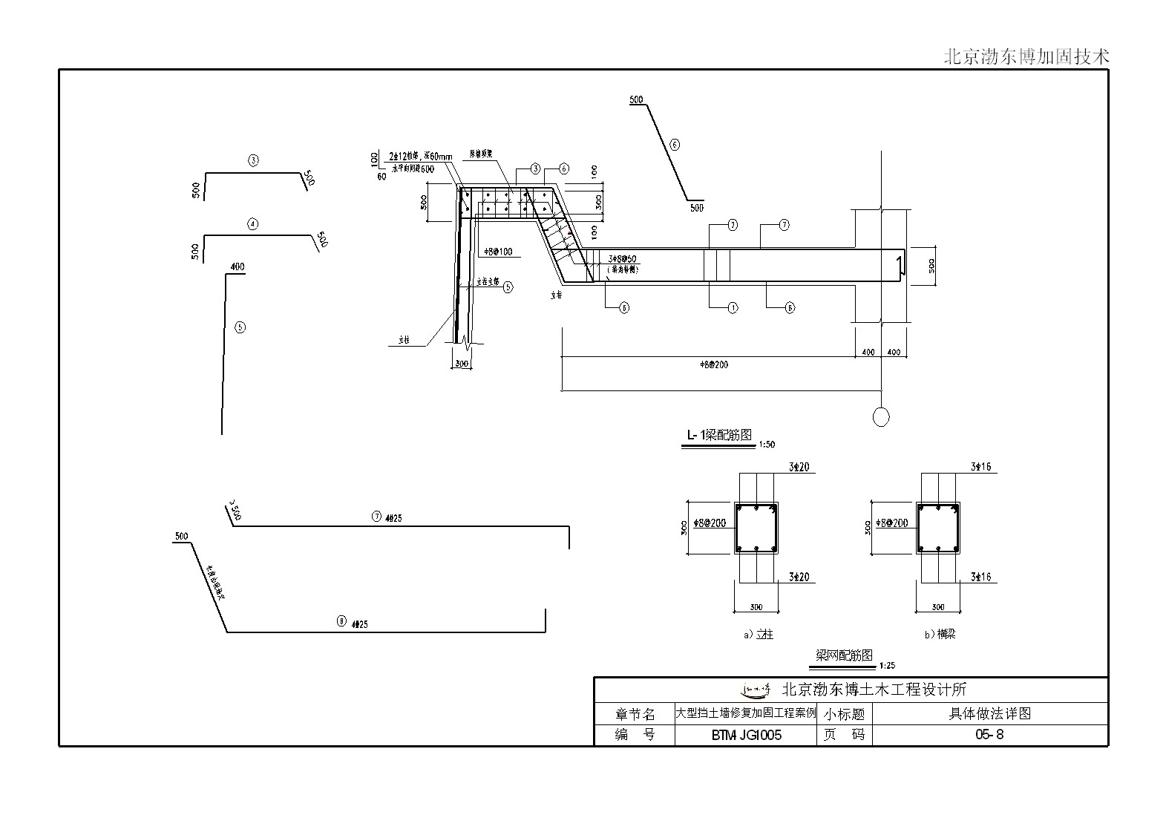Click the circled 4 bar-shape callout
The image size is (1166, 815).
pos(253,223)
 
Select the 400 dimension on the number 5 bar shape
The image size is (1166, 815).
pos(238,267)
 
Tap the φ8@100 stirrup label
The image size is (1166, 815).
pos(497,252)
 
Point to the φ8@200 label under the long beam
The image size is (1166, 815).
pos(714,364)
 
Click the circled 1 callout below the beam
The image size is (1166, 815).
pos(733,308)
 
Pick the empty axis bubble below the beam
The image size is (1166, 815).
pos(881,417)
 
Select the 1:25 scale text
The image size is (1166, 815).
pos(886,666)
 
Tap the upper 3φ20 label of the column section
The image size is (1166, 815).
pos(799,467)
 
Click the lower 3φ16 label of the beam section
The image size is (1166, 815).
pos(980,577)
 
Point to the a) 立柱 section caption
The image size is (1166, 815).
pos(758,635)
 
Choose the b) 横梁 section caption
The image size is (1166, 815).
pos(940,635)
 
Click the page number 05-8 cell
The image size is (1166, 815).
pos(989,735)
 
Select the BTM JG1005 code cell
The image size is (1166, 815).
pos(746,735)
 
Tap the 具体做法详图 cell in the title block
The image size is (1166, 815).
pos(990,713)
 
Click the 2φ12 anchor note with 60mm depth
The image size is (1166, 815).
pos(420,157)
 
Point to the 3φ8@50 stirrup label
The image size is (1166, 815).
pos(621,259)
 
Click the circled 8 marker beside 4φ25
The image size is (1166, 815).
pos(341,621)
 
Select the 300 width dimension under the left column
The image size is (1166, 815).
pos(462,364)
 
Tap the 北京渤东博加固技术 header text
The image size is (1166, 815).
pos(1026,56)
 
